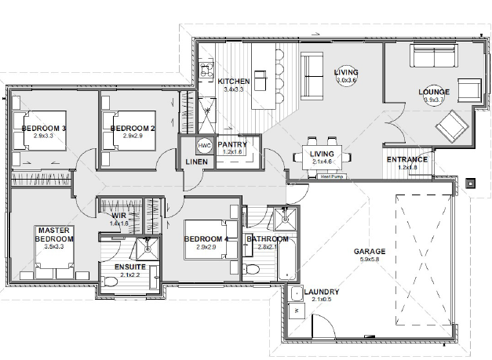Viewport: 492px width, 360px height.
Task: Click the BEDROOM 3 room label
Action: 43,127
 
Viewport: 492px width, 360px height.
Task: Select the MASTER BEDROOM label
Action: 54,234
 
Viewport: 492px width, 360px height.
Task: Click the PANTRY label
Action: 233,144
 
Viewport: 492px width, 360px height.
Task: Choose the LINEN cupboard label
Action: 196,162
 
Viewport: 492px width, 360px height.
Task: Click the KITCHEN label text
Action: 233,82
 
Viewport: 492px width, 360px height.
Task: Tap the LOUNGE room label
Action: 435,92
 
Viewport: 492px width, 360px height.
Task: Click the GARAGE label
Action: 370,252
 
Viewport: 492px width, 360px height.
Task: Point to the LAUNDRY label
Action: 320,289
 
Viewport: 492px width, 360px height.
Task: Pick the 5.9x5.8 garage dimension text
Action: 370,260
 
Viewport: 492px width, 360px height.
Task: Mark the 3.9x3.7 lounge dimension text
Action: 435,100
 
